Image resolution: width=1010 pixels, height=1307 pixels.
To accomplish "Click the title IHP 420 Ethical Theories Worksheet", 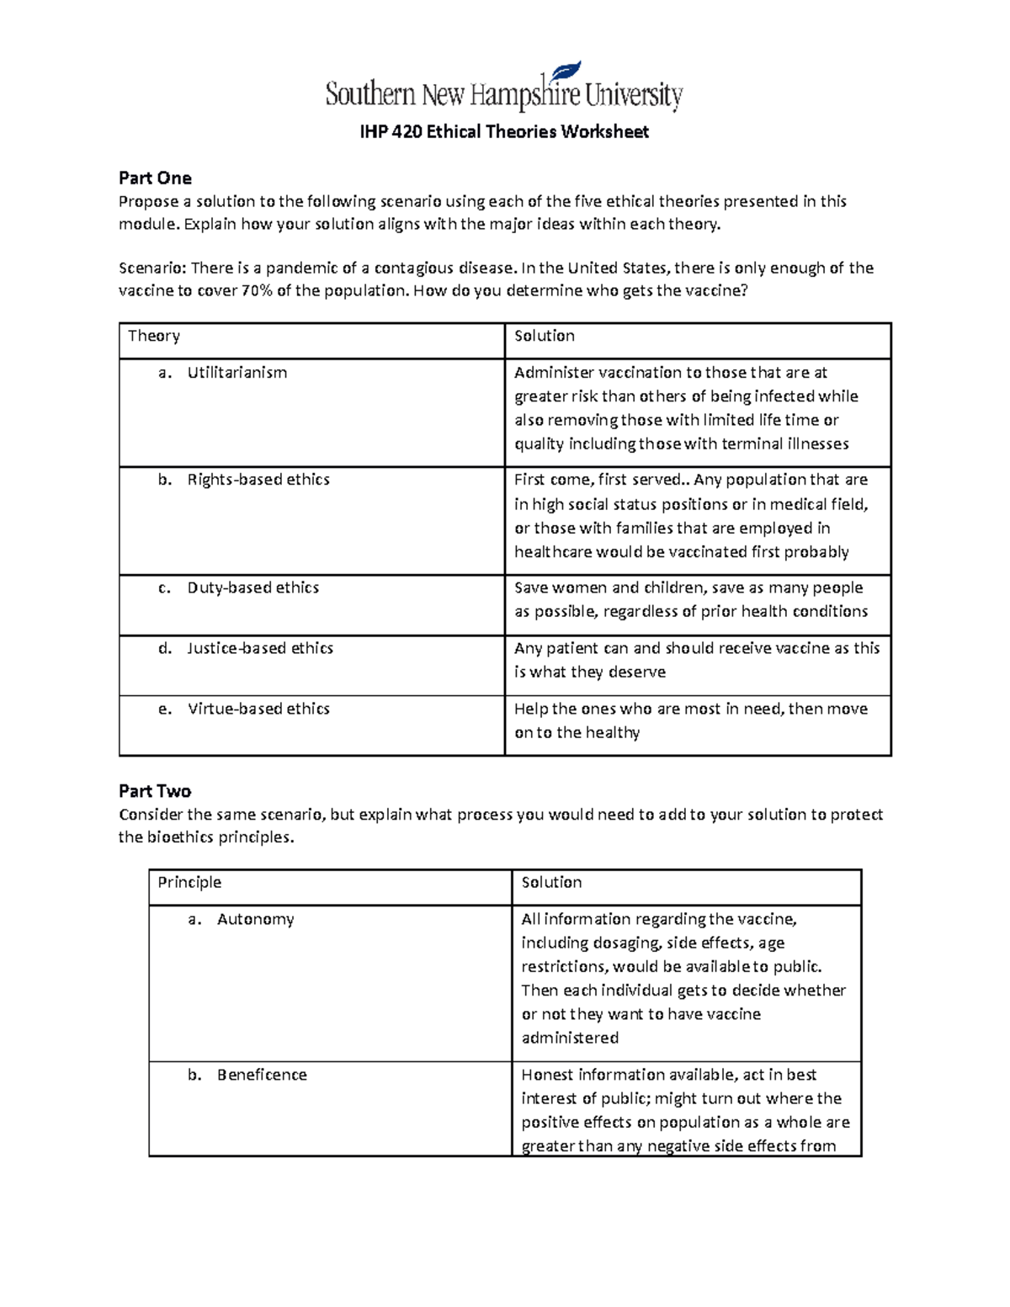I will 504,131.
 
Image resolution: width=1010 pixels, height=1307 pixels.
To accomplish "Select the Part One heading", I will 155,178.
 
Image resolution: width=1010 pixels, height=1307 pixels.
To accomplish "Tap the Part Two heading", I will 155,790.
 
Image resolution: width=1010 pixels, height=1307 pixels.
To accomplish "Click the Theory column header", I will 154,336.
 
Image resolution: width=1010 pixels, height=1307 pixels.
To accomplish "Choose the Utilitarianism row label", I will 237,372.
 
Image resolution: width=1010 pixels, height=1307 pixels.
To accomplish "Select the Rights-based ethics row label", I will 258,480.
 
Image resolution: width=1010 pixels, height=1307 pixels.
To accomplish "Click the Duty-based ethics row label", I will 252,587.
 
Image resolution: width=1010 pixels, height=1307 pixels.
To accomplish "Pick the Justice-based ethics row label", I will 259,648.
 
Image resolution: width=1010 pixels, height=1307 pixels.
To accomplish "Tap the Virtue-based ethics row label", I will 258,709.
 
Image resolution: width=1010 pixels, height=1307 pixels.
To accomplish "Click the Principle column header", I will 189,882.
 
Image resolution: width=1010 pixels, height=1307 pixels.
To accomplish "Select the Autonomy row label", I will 255,919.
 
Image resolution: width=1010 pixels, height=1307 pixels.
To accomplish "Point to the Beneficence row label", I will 261,1075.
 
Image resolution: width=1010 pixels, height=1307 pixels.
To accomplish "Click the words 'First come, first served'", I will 598,480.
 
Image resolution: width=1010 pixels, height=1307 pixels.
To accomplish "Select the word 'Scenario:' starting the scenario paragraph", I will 152,268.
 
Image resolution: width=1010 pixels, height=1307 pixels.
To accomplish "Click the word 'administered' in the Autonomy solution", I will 570,1038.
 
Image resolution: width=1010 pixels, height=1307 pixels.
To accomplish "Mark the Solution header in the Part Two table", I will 551,882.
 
